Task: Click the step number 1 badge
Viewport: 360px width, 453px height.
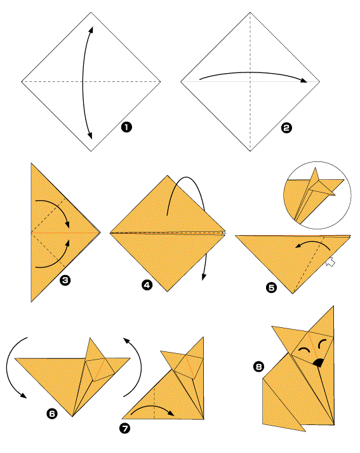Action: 126,127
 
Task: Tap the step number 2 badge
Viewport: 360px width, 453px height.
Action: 286,128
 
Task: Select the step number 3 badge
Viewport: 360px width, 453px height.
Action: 65,280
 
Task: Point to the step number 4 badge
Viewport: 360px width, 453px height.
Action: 147,285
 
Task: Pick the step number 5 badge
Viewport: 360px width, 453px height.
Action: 271,287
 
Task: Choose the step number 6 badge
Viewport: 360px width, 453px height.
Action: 52,414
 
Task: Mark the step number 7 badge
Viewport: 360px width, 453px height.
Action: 124,428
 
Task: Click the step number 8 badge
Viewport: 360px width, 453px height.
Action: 258,367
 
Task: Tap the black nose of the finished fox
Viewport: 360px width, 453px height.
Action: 318,363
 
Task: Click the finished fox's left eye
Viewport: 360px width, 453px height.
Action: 303,349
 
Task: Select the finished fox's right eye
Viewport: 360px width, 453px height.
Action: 322,344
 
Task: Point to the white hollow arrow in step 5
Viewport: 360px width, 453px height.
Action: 331,262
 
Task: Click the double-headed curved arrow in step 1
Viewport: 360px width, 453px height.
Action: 83,83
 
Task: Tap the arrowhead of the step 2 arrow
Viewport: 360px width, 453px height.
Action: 303,80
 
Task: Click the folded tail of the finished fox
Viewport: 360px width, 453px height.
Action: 279,410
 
